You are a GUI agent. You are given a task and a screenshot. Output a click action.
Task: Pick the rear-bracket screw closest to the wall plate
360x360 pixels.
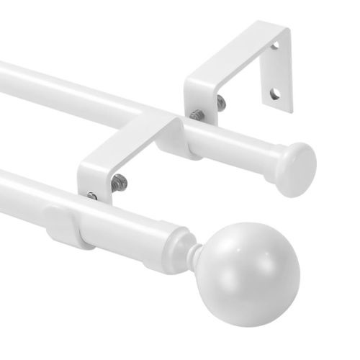click(220, 104)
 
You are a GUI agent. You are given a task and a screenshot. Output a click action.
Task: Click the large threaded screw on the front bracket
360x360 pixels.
click(118, 181)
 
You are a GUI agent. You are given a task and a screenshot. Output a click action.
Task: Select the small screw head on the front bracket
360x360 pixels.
click(92, 195)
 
